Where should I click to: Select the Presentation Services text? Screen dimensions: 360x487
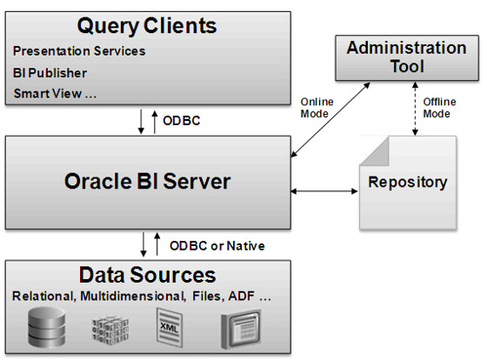(79, 51)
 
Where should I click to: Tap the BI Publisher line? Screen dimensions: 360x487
(50, 72)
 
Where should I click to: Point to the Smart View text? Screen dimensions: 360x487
(54, 92)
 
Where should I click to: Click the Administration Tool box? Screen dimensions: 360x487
(406, 57)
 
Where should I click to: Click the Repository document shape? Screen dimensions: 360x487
(407, 183)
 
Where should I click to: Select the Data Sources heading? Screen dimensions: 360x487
(147, 275)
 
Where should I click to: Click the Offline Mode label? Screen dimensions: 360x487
(439, 107)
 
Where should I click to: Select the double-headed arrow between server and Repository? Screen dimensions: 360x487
(326, 189)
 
